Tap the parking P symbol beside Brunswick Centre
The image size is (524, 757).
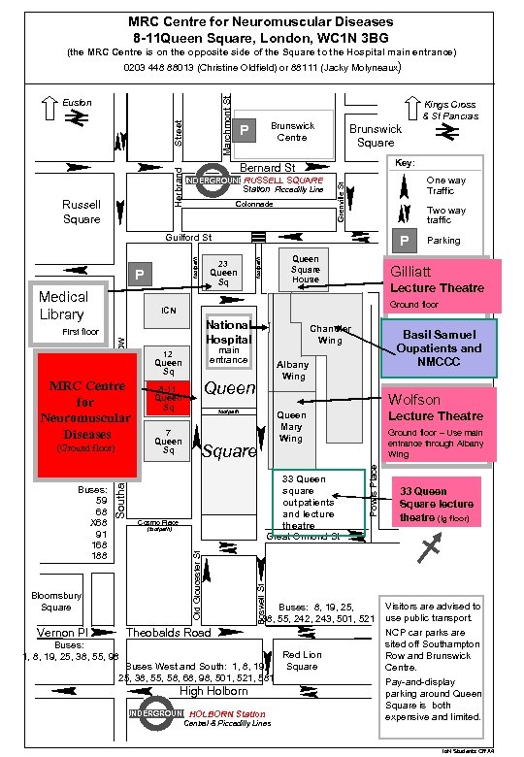[246, 130]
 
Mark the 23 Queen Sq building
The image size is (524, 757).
[222, 271]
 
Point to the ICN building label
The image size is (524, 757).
[167, 311]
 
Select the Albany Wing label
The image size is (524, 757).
[293, 370]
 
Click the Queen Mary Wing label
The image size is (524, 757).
[291, 426]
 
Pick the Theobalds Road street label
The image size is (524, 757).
[169, 633]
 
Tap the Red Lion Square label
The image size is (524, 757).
[302, 661]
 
